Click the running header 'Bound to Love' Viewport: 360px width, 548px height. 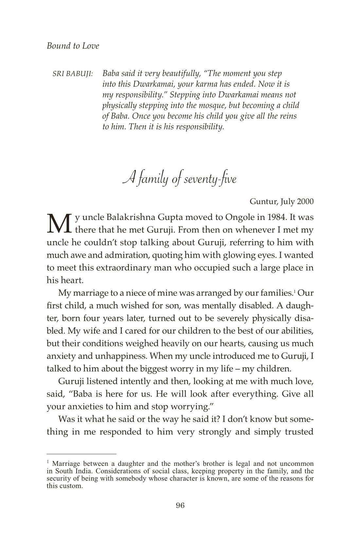[x=73, y=46]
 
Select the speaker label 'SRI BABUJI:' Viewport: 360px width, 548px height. [x=73, y=74]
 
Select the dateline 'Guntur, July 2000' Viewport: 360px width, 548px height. [x=281, y=201]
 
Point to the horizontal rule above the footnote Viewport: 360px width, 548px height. [x=81, y=454]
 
